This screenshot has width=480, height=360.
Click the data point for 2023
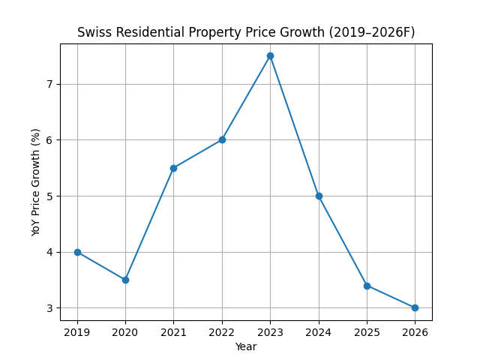[270, 55]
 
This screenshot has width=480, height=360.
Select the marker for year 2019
[77, 252]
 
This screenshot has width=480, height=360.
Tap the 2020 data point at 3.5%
[125, 280]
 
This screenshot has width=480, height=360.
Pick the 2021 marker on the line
[173, 168]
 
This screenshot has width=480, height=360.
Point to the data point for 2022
[222, 139]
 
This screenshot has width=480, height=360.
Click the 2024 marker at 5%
[319, 196]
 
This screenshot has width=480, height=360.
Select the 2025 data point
[367, 286]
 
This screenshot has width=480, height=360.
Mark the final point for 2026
[415, 307]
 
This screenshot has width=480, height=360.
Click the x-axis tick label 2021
[173, 331]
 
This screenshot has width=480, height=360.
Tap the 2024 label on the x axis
[319, 331]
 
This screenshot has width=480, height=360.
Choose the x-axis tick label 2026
[415, 331]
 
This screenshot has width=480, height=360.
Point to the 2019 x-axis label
[77, 331]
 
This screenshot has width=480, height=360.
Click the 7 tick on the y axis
[49, 84]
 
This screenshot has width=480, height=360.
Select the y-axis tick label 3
[49, 308]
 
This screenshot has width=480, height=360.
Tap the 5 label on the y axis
[49, 196]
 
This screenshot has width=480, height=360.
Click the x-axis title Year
[246, 346]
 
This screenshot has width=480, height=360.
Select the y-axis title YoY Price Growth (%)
[36, 182]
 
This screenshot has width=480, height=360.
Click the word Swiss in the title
[94, 32]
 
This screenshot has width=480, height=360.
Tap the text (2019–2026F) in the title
[370, 32]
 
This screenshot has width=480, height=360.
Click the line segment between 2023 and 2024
[295, 126]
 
